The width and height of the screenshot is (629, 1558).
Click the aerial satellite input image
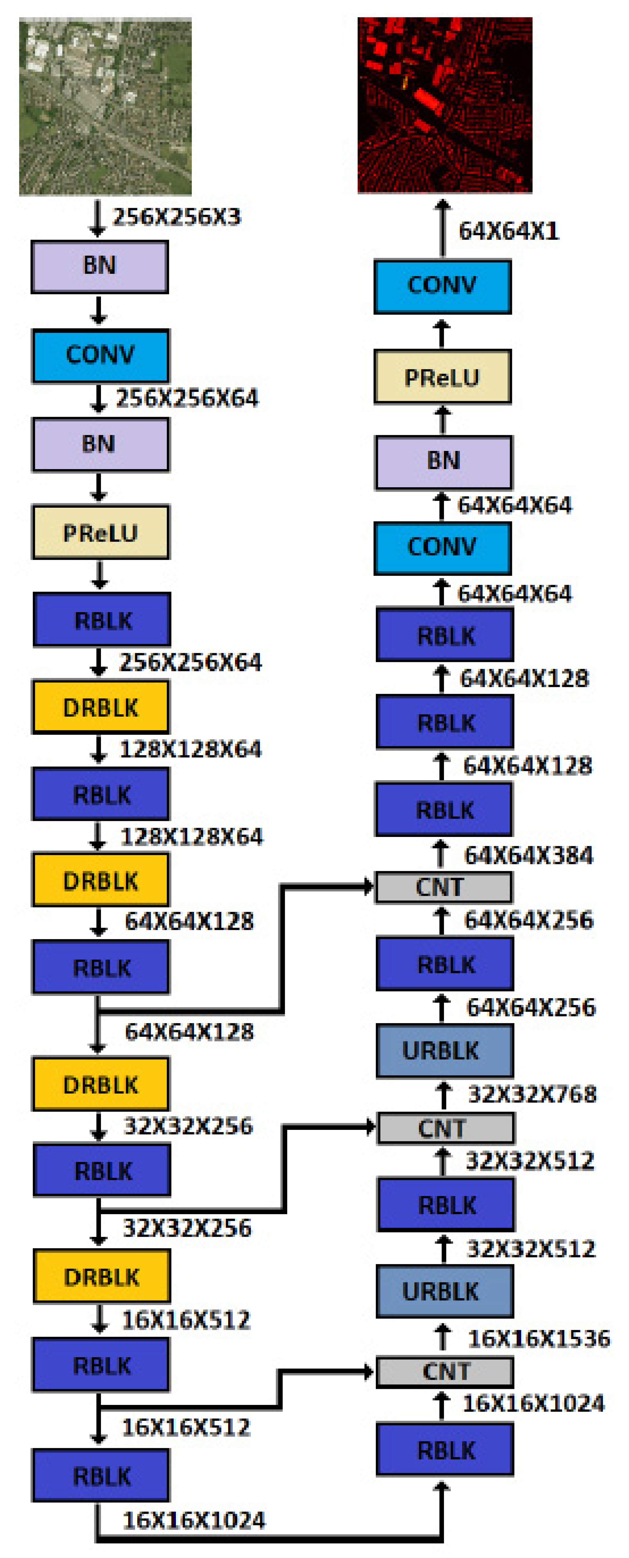105,107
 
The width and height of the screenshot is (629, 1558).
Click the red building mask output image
445,105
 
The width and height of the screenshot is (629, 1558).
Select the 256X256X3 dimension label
176,217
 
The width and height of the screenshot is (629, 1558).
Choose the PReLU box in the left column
100,532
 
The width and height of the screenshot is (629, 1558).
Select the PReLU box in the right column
442,377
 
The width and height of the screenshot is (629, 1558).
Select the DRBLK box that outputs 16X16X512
102,1277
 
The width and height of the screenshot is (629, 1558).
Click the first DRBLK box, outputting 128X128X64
100,707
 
